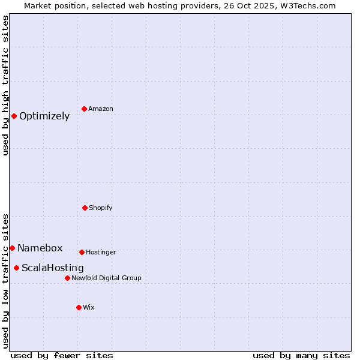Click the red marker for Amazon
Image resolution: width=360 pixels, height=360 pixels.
(x=84, y=109)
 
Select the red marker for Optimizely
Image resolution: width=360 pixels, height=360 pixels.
(x=14, y=116)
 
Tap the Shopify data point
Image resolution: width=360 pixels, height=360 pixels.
(x=85, y=208)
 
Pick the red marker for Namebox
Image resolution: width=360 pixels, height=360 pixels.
(x=12, y=248)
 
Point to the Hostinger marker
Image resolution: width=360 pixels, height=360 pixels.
(x=82, y=252)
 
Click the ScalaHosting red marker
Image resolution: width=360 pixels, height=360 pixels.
(x=16, y=268)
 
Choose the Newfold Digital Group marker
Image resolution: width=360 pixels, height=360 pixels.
(x=67, y=278)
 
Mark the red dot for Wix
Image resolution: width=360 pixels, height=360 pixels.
(x=79, y=307)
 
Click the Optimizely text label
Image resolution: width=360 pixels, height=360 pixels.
(x=44, y=116)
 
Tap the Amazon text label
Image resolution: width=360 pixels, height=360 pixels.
(x=101, y=109)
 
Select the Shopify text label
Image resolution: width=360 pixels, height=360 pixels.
(x=101, y=208)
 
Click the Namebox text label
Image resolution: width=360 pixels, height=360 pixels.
(x=40, y=248)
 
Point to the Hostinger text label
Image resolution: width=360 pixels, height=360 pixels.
(x=101, y=253)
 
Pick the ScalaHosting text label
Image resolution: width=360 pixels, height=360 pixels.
(x=53, y=268)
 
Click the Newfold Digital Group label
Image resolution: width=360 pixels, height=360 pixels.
(x=106, y=278)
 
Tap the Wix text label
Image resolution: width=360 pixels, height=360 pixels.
(x=89, y=308)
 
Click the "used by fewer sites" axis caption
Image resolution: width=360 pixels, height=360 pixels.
(x=62, y=355)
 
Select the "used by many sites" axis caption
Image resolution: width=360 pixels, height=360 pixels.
(x=301, y=355)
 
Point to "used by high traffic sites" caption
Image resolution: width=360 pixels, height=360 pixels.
(x=5, y=85)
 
